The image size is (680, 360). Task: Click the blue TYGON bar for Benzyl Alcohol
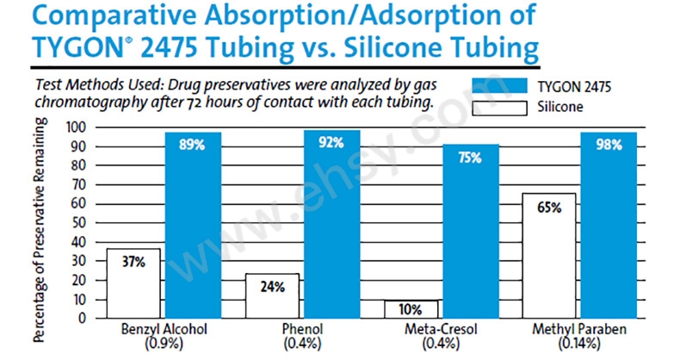(193, 226)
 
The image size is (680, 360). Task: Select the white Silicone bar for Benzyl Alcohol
(133, 283)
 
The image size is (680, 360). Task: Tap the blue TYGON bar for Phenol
(331, 224)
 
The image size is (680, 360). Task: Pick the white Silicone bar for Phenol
(272, 295)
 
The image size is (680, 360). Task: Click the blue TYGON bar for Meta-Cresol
(471, 232)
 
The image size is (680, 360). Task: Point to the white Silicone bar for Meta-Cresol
(411, 309)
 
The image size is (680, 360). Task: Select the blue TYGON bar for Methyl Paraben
(609, 226)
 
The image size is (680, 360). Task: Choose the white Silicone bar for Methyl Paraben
(549, 256)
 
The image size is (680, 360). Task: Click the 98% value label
(609, 145)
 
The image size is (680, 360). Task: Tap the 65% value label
(549, 208)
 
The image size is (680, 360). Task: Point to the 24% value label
(272, 287)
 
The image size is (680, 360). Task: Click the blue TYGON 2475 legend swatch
(499, 86)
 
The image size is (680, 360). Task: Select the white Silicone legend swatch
(499, 108)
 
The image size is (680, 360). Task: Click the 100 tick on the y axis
(76, 127)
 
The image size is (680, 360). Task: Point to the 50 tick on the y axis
(78, 223)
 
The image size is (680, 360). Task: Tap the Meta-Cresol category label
(441, 329)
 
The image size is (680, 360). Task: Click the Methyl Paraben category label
(579, 329)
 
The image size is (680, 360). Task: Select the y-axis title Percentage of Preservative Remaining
(40, 229)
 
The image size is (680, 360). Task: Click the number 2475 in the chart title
(169, 47)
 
